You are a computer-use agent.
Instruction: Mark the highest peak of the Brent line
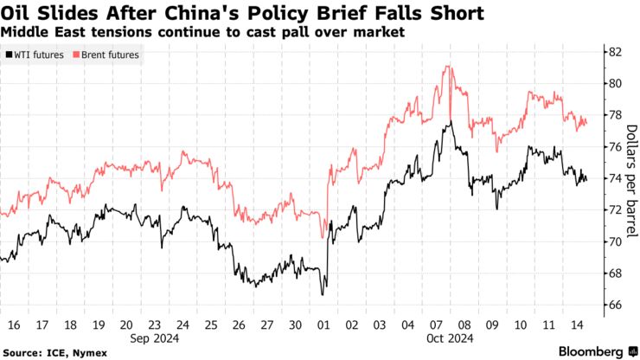(x=447, y=66)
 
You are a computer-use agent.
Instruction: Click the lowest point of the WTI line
(x=323, y=295)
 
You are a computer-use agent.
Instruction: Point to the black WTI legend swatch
(x=9, y=55)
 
